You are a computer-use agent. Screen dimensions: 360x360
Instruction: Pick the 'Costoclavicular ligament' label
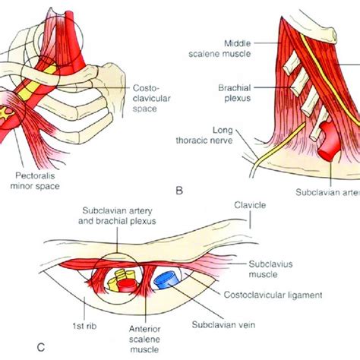(x=298, y=292)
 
